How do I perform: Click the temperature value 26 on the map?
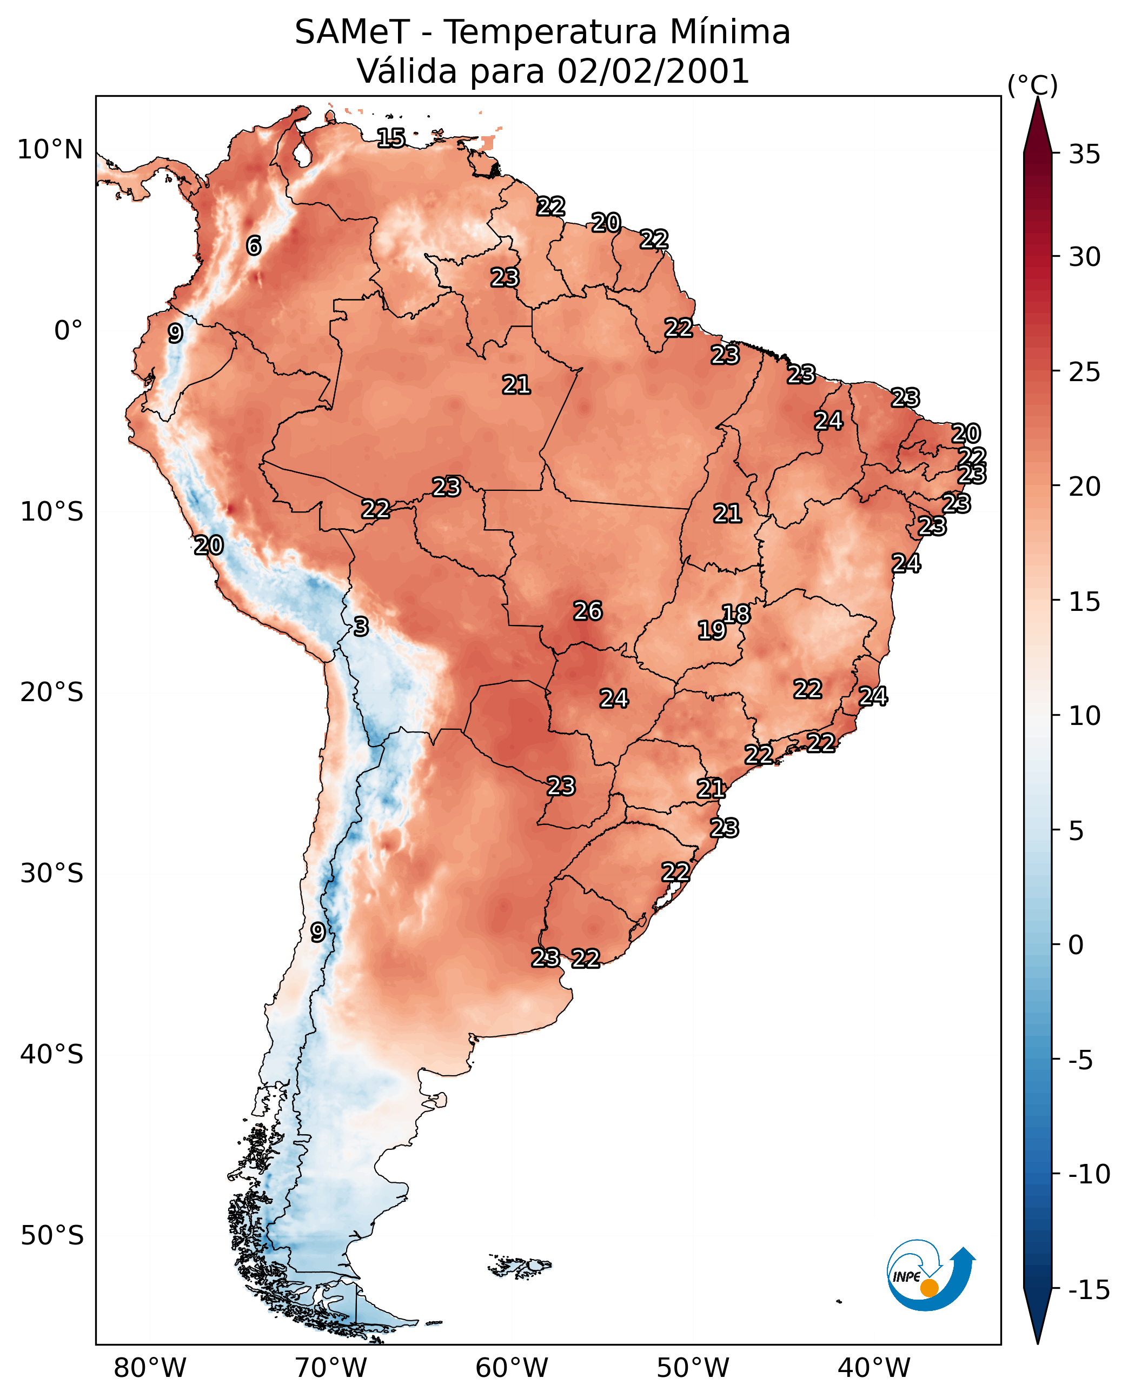pyautogui.click(x=587, y=611)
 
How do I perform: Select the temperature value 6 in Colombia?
pyautogui.click(x=254, y=245)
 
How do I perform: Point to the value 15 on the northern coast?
pyautogui.click(x=391, y=138)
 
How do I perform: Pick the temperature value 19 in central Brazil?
pyautogui.click(x=712, y=630)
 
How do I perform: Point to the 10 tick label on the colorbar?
pyautogui.click(x=1084, y=716)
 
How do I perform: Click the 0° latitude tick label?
pyautogui.click(x=68, y=331)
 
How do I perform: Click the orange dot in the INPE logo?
pyautogui.click(x=929, y=1288)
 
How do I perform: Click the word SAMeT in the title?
pyautogui.click(x=351, y=32)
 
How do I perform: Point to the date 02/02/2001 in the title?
pyautogui.click(x=653, y=71)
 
